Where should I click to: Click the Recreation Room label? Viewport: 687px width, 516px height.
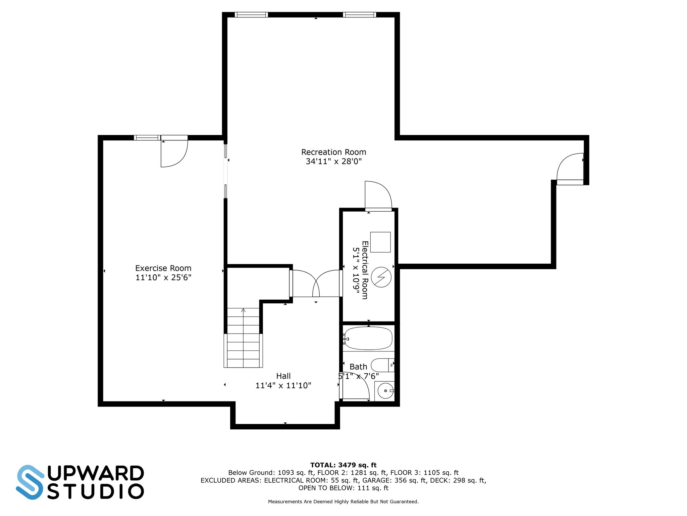[333, 152]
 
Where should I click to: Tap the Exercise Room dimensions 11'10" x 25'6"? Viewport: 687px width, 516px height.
[163, 277]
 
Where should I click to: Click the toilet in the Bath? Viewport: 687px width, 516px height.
[381, 365]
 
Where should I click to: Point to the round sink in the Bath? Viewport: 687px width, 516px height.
[385, 391]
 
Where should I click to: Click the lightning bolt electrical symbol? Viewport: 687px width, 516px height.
[381, 277]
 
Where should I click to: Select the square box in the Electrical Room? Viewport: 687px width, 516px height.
[380, 242]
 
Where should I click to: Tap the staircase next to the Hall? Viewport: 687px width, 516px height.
[243, 338]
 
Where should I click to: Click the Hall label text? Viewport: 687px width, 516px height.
[283, 376]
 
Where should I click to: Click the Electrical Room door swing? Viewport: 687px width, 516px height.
[378, 196]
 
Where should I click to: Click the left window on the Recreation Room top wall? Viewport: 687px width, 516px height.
[251, 15]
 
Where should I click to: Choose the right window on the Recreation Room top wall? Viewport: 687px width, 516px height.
[359, 15]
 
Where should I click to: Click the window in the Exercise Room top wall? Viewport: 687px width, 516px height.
[147, 138]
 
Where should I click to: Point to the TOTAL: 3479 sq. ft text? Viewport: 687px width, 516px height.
[343, 465]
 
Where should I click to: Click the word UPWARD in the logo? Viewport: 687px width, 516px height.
[96, 474]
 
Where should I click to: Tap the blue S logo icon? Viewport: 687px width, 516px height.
[30, 482]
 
